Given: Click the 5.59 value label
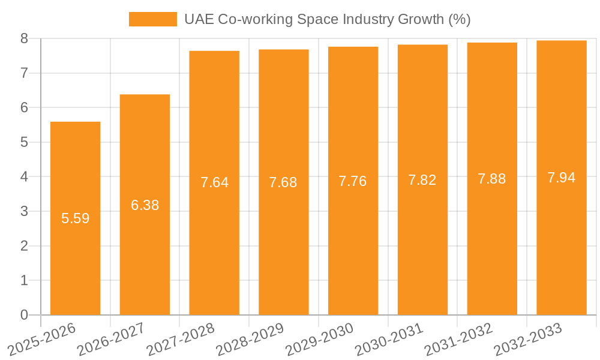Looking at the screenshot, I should click(x=76, y=218).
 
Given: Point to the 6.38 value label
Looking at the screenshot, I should click(x=145, y=205).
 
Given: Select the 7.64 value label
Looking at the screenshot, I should click(x=215, y=182).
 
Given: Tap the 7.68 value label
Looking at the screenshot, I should click(x=283, y=182).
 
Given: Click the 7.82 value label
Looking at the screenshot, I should click(x=422, y=180).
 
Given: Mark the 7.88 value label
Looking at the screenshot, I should click(x=492, y=179).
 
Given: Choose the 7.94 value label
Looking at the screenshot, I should click(x=562, y=178).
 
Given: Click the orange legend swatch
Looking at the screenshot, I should click(x=153, y=19).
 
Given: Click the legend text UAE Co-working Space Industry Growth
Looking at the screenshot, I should click(x=327, y=19).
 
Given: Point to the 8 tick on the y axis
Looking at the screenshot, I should click(x=24, y=38).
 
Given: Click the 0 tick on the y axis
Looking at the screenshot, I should click(x=24, y=315).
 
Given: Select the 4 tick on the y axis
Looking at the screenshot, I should click(x=24, y=177).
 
